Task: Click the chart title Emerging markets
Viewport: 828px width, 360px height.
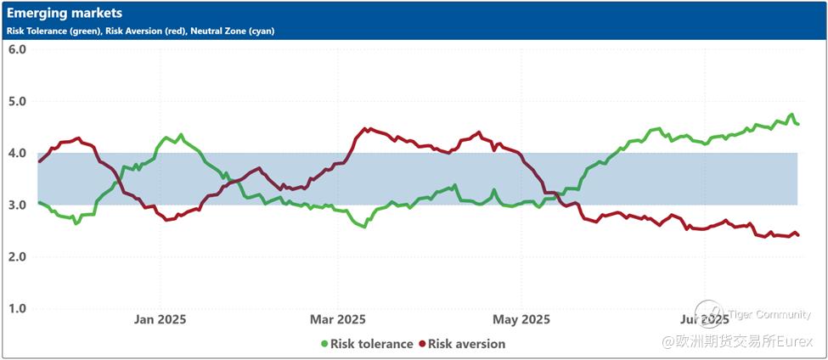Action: pyautogui.click(x=65, y=14)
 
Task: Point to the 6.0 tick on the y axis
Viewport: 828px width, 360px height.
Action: pyautogui.click(x=17, y=49)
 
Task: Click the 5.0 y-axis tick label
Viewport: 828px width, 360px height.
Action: pyautogui.click(x=17, y=101)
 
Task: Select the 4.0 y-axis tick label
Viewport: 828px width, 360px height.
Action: pyautogui.click(x=17, y=154)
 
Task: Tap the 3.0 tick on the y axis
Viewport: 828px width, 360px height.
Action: pyautogui.click(x=17, y=205)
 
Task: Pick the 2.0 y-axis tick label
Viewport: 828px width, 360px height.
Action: pyautogui.click(x=17, y=257)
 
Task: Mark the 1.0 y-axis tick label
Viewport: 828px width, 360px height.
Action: pyautogui.click(x=17, y=309)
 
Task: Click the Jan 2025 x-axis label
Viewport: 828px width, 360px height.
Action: pyautogui.click(x=161, y=319)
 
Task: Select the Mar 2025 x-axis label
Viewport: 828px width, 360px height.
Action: pyautogui.click(x=338, y=319)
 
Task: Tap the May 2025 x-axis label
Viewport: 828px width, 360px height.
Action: pyautogui.click(x=521, y=319)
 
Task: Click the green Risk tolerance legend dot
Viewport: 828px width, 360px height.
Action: pyautogui.click(x=324, y=344)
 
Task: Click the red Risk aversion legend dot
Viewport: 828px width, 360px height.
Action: pyautogui.click(x=422, y=344)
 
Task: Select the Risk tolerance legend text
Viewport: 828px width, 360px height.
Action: pyautogui.click(x=372, y=344)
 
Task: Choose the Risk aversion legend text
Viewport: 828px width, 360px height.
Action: pyautogui.click(x=466, y=344)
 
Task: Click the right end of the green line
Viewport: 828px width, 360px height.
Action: pyautogui.click(x=797, y=124)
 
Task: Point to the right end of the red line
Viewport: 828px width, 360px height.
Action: pyautogui.click(x=797, y=235)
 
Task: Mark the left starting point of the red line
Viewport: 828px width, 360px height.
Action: pyautogui.click(x=39, y=161)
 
